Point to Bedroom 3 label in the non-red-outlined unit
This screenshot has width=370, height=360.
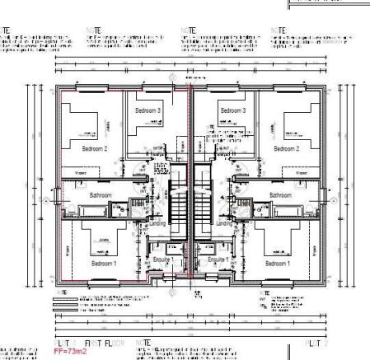click(x=233, y=110)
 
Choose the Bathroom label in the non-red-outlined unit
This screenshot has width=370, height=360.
click(x=280, y=195)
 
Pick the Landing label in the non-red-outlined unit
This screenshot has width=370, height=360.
click(x=224, y=223)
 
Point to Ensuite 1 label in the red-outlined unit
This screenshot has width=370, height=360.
click(x=162, y=259)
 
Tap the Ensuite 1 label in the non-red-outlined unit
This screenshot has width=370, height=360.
click(x=218, y=259)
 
